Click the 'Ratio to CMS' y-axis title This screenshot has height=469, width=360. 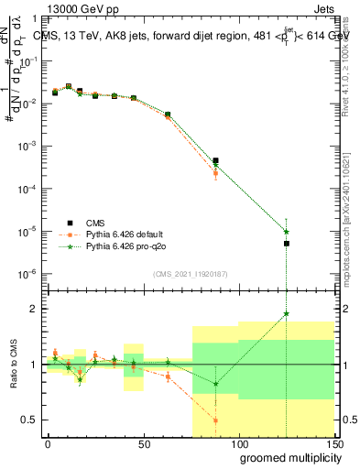pos(12,365)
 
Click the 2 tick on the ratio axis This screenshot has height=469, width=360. pos(34,309)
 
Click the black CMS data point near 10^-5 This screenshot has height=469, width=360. pos(286,244)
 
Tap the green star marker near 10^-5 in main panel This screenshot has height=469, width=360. pos(286,232)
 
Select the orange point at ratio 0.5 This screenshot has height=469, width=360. pos(215,420)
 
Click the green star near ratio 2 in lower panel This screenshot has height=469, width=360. pos(286,314)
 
